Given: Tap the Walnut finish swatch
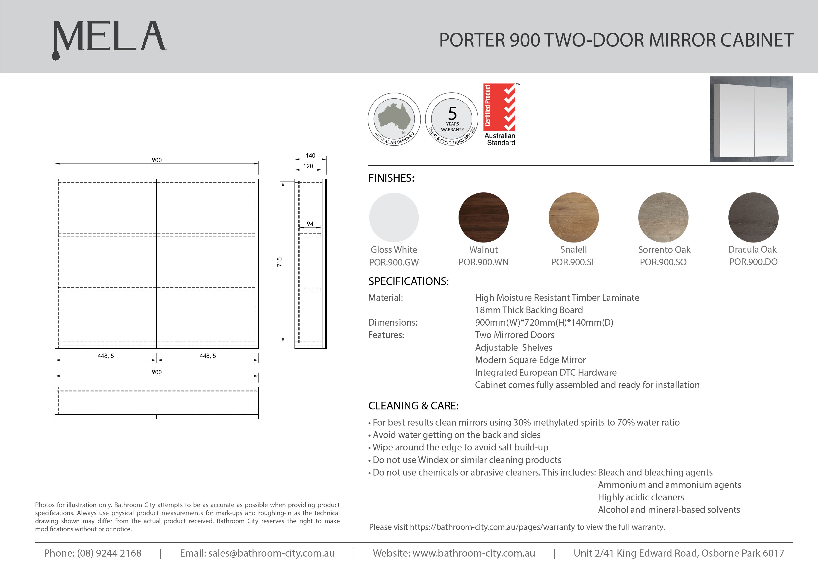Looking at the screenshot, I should (483, 217).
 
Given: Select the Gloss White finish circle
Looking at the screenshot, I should (394, 217).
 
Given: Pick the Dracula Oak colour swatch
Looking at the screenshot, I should (753, 217).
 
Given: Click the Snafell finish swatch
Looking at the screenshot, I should (573, 217).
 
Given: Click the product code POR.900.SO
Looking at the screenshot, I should (663, 262).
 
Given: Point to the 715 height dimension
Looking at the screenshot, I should (279, 262).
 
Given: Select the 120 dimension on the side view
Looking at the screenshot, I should (308, 166).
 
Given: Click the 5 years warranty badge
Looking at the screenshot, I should (452, 119).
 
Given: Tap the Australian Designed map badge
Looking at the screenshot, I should (394, 119).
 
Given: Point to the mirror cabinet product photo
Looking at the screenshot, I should (751, 119).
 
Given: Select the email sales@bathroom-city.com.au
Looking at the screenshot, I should (271, 553).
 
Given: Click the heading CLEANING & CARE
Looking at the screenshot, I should (413, 406).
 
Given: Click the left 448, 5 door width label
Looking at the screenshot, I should (106, 356).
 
